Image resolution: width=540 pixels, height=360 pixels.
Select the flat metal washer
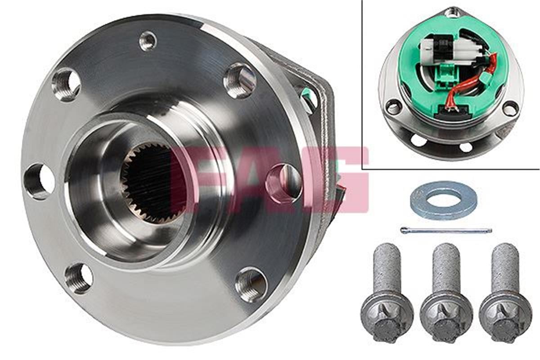click(x=444, y=201)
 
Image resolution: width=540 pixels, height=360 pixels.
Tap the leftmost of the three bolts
click(x=387, y=292)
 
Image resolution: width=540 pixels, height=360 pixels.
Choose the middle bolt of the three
click(x=446, y=292)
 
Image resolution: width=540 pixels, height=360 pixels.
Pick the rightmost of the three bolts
click(x=505, y=292)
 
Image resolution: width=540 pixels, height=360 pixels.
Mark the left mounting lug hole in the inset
click(x=394, y=107)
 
